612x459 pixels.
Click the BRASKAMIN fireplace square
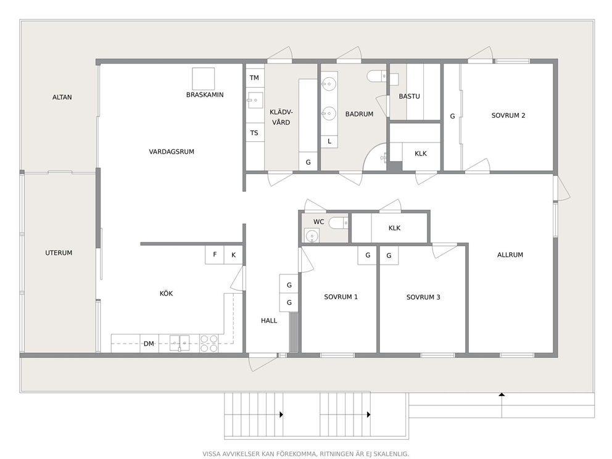click(x=203, y=79)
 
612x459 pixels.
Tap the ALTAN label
click(x=62, y=97)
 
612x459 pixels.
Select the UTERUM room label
click(x=59, y=253)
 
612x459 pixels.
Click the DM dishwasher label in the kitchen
click(x=149, y=344)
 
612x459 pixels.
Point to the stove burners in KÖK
click(x=209, y=344)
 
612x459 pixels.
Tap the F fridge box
click(x=215, y=255)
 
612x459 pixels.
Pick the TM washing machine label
click(x=254, y=78)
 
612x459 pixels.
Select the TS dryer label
click(x=254, y=133)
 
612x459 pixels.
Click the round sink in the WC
click(x=312, y=236)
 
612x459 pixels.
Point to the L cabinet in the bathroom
click(x=329, y=142)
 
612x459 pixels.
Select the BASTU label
click(x=410, y=96)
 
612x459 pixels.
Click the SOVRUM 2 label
click(x=508, y=115)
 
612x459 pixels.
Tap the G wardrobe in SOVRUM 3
click(x=389, y=255)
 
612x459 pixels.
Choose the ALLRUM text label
click(x=510, y=255)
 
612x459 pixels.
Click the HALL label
click(x=269, y=321)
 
